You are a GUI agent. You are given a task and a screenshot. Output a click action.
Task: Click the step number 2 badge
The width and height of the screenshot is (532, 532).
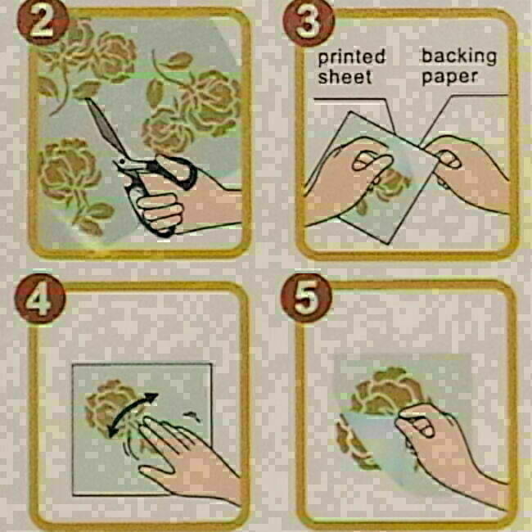pyautogui.click(x=43, y=22)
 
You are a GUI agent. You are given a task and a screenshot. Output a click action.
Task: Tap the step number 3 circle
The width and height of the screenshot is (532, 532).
pyautogui.click(x=308, y=22)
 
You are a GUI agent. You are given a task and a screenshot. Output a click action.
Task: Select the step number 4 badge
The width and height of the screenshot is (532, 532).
pyautogui.click(x=40, y=298)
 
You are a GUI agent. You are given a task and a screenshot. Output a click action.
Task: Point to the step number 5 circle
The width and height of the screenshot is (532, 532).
pyautogui.click(x=306, y=298)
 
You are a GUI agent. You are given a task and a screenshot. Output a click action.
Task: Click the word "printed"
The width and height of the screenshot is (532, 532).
pyautogui.click(x=351, y=57)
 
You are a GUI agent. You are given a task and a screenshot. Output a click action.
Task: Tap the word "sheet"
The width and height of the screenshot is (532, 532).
pyautogui.click(x=345, y=77)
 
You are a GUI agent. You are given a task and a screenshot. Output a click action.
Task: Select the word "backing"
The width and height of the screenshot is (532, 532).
pyautogui.click(x=458, y=56)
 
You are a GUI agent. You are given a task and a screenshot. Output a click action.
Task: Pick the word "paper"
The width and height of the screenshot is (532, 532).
pyautogui.click(x=450, y=78)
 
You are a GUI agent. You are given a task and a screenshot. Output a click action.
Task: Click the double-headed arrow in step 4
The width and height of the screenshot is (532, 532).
pyautogui.click(x=133, y=413)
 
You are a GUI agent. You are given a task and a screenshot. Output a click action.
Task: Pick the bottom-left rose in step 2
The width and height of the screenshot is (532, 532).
pyautogui.click(x=70, y=169)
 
